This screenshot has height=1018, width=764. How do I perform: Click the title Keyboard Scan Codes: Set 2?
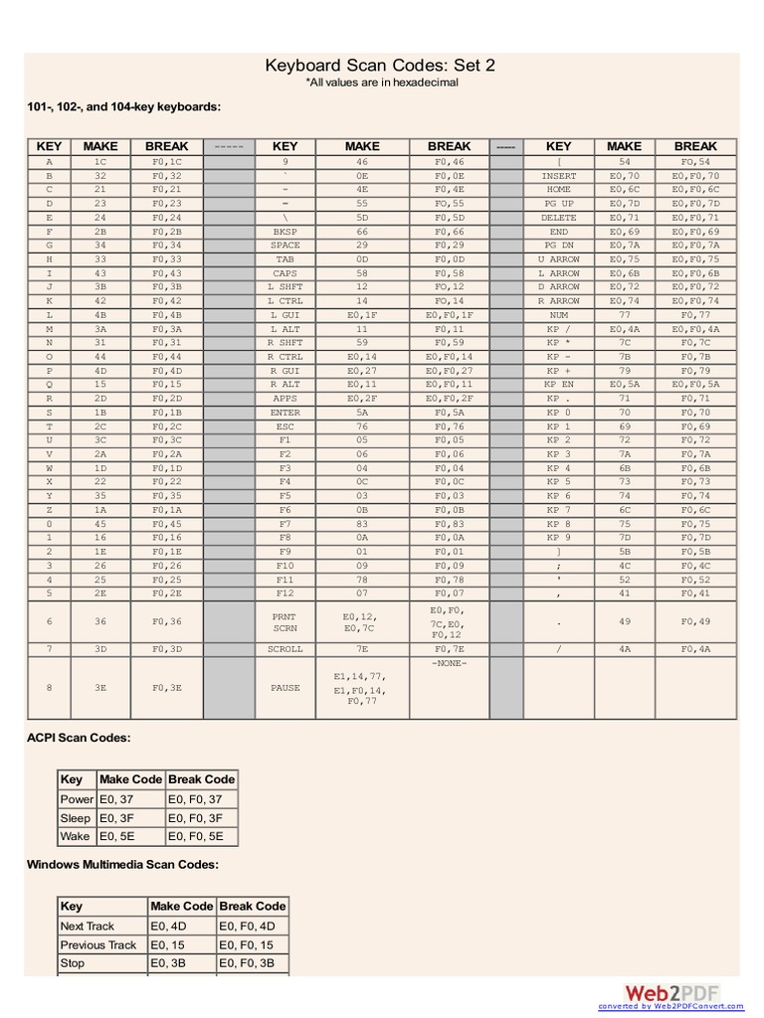[x=380, y=66]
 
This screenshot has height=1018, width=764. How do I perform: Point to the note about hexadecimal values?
[x=381, y=83]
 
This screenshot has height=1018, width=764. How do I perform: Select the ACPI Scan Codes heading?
[x=79, y=738]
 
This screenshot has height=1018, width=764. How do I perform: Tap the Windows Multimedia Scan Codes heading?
[x=122, y=864]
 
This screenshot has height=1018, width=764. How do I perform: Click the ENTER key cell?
[x=285, y=412]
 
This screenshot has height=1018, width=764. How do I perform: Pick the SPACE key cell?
[x=285, y=245]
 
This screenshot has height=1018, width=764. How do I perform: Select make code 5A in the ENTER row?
[x=362, y=412]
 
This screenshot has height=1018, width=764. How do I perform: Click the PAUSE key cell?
[x=285, y=687]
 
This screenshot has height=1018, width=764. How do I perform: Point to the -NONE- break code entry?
[x=449, y=663]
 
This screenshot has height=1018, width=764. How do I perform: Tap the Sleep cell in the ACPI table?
[x=76, y=818]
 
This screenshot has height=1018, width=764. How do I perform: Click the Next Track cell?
[x=88, y=926]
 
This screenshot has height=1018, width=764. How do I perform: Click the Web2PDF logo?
[x=672, y=992]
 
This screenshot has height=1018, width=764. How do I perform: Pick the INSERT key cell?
[x=558, y=175]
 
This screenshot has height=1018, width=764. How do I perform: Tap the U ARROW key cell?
[x=558, y=258]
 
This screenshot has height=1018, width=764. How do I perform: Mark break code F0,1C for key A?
[x=167, y=161]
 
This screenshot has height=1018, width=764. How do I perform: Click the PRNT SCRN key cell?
[x=285, y=621]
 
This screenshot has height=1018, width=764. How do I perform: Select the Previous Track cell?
[x=98, y=944]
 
